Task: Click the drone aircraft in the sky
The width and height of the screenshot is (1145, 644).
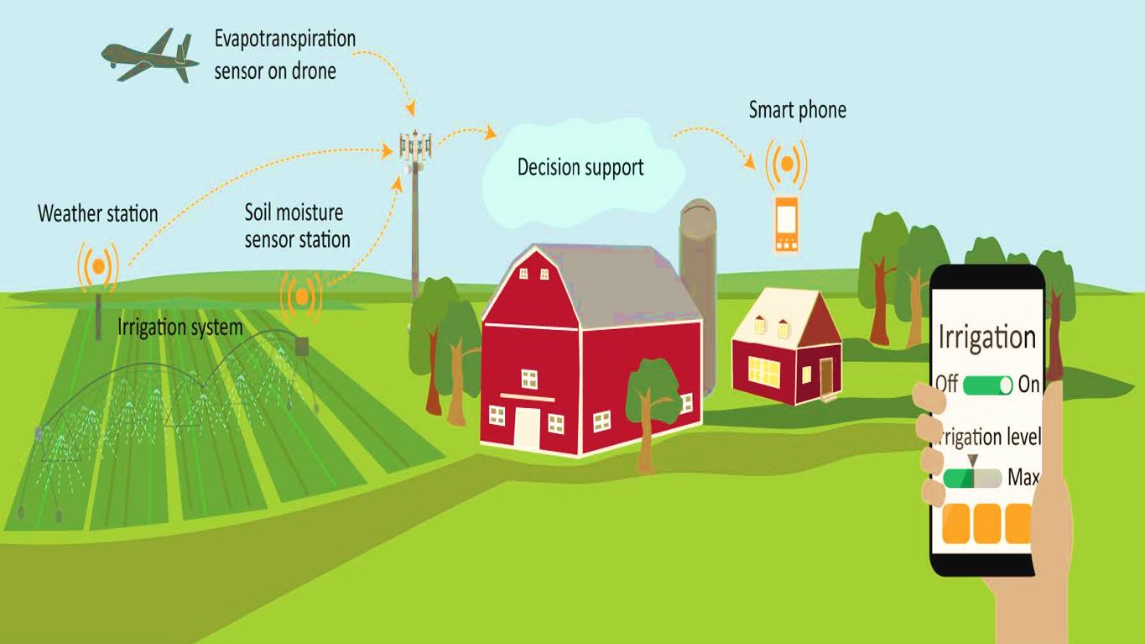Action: [x=149, y=57]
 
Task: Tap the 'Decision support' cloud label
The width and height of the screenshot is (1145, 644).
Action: [x=580, y=168]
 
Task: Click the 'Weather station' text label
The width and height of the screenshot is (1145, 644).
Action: [x=97, y=214]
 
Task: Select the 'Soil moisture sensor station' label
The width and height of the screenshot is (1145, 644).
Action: [x=297, y=226]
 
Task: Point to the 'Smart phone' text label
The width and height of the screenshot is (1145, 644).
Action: [x=798, y=110]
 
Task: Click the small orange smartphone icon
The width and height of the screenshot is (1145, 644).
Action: [x=787, y=224]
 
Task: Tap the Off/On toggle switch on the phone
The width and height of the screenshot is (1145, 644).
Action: [x=987, y=385]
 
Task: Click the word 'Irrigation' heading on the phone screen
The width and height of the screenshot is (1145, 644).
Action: [x=987, y=338]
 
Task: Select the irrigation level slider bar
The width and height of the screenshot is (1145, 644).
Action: [x=972, y=479]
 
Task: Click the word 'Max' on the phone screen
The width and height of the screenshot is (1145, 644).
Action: [x=1023, y=477]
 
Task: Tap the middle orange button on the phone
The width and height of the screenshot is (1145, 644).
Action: [x=987, y=523]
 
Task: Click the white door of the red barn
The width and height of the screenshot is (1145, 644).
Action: [x=527, y=429]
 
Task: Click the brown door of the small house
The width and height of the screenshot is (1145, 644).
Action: [x=826, y=376]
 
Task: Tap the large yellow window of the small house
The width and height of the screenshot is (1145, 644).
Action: [x=764, y=372]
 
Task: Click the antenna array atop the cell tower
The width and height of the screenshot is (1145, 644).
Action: [x=415, y=145]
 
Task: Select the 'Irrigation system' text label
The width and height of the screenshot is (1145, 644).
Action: [x=180, y=327]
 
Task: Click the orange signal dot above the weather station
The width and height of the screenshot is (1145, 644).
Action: [x=99, y=266]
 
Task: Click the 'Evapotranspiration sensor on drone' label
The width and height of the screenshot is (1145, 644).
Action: [x=284, y=55]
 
